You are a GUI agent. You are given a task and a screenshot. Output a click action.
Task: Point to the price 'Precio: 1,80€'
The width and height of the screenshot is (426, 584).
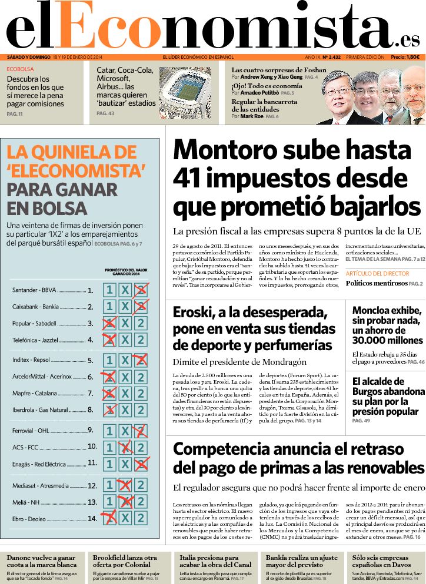click(x=405, y=57)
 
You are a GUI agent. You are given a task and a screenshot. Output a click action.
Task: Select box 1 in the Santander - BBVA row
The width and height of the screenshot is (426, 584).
click(x=109, y=290)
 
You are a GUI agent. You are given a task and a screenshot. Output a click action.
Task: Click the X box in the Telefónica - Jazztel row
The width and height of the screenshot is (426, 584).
click(x=125, y=340)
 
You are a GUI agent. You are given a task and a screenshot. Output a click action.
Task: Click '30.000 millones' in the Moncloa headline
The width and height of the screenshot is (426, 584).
click(x=387, y=340)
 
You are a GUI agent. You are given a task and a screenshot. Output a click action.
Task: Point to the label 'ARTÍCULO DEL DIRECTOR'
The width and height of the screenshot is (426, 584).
click(x=377, y=274)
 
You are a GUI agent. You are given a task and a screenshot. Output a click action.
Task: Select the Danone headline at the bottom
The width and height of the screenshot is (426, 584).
click(x=41, y=561)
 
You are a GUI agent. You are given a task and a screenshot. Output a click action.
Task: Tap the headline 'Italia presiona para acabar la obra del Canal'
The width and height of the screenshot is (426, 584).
click(x=213, y=561)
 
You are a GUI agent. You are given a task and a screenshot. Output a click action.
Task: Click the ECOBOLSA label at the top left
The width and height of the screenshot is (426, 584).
click(x=21, y=69)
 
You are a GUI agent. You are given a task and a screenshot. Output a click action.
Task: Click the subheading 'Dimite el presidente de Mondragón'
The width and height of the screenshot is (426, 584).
click(x=239, y=362)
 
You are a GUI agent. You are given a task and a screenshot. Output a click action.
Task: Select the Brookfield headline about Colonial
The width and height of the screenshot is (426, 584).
click(x=125, y=561)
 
